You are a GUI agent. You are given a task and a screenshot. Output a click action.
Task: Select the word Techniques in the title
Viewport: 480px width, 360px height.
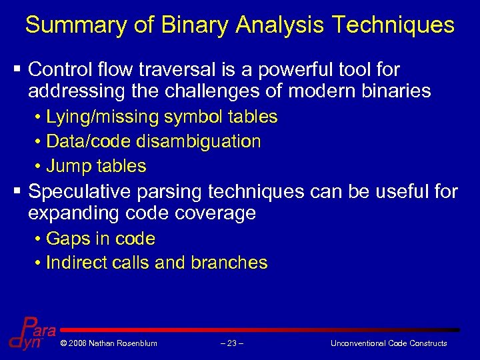[393, 25]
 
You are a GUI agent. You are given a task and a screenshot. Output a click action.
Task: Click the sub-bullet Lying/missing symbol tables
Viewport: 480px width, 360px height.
[161, 117]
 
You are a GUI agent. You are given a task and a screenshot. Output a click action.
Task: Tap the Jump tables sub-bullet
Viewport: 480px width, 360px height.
[95, 165]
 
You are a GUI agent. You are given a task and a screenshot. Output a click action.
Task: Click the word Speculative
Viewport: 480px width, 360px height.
[80, 192]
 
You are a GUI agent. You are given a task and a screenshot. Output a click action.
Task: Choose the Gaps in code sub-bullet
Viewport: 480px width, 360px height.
[100, 239]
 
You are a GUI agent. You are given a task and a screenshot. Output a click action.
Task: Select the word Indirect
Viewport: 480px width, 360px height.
[73, 263]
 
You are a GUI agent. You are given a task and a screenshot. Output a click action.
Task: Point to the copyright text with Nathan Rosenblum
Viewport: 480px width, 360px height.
[108, 343]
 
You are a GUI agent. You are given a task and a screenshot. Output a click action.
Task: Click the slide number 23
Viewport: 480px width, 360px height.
[231, 343]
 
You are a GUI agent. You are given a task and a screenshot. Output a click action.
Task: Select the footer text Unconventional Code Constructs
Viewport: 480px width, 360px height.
[389, 343]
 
